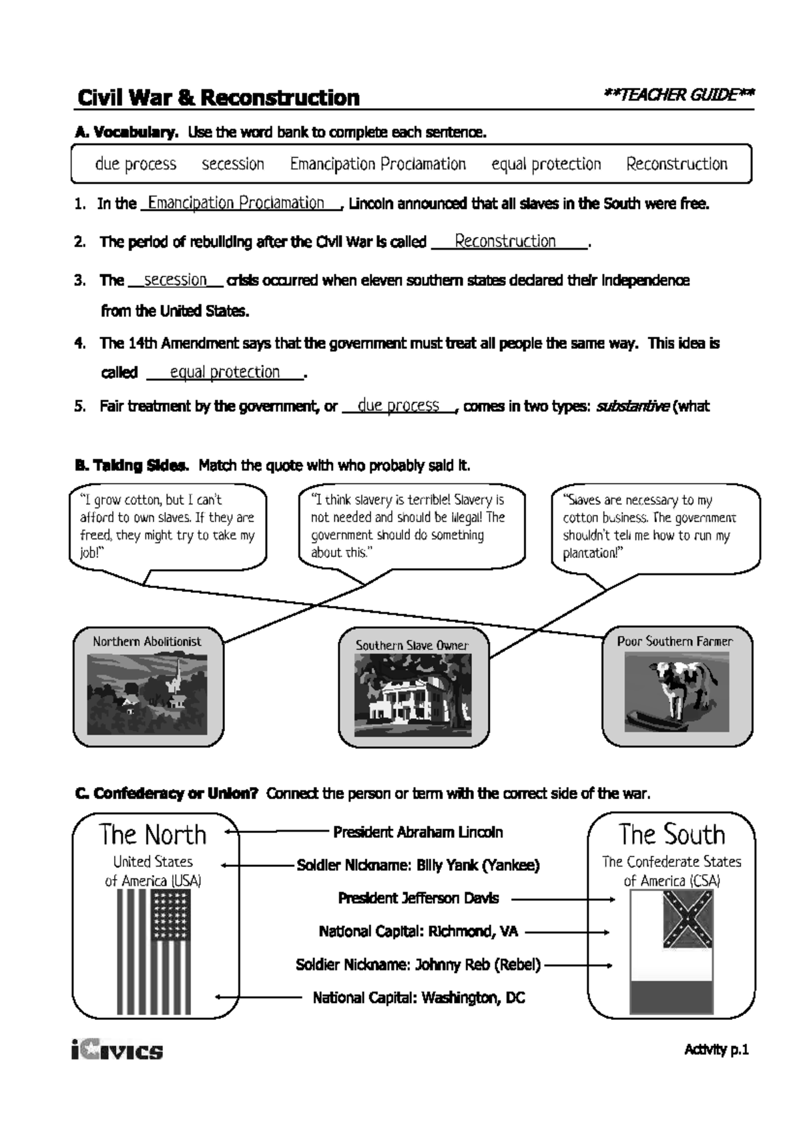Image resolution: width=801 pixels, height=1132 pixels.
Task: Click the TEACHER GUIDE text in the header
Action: click(678, 95)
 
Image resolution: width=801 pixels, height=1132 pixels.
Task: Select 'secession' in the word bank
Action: click(233, 164)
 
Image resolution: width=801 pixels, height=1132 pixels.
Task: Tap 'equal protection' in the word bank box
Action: click(546, 164)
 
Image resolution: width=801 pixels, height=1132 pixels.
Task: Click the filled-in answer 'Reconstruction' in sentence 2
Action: click(505, 242)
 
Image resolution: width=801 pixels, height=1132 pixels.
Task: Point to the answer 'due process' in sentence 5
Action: click(398, 405)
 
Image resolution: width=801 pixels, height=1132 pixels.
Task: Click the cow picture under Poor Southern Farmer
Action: click(677, 691)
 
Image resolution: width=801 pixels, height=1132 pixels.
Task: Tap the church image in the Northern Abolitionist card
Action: click(148, 694)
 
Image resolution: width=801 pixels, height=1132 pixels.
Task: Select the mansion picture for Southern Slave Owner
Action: click(413, 694)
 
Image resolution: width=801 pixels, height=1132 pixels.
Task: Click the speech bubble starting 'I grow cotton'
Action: click(168, 527)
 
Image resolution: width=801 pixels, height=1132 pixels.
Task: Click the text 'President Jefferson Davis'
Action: click(419, 898)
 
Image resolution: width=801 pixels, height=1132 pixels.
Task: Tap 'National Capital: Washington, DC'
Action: click(419, 998)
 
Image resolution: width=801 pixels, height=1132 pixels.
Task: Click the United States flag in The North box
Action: click(154, 951)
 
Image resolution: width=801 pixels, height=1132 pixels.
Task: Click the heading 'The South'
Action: click(672, 834)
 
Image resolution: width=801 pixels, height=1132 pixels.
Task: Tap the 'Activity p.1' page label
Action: click(716, 1050)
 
